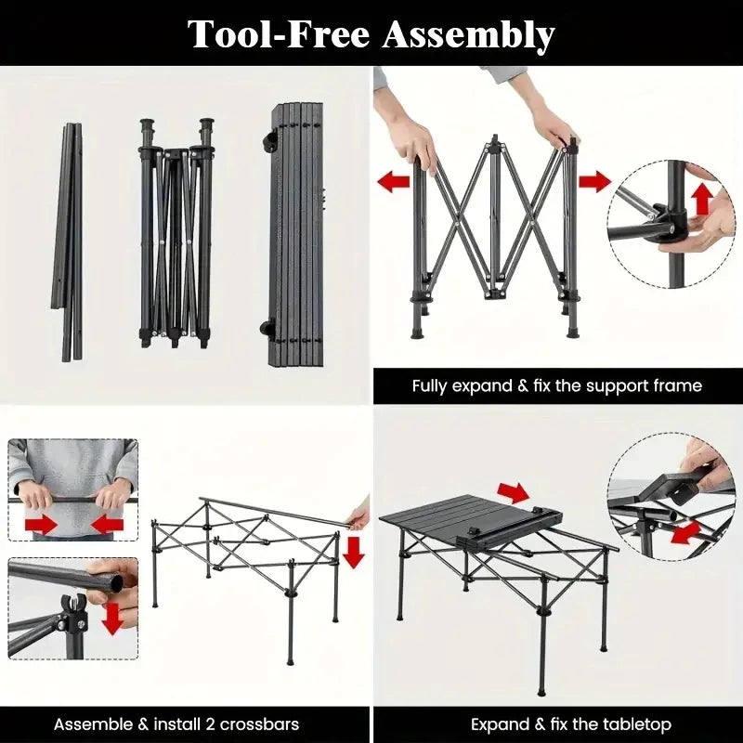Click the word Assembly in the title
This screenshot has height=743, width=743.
468,35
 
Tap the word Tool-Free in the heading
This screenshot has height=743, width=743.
279,34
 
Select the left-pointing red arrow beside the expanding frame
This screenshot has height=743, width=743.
393,182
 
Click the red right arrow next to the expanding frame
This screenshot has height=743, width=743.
594,181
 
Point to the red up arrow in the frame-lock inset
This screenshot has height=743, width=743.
703,199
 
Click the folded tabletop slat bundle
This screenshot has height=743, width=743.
295,235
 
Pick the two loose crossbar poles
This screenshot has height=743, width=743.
68,241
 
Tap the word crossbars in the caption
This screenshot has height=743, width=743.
259,724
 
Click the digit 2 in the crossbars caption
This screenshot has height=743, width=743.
210,724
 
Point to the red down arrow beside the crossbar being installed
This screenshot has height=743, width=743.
354,553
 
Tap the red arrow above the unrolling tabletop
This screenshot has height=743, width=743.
514,493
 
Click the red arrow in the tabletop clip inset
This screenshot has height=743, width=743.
686,532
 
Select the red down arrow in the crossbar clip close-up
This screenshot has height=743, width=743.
112,619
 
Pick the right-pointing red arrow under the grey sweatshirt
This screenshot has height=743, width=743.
41,525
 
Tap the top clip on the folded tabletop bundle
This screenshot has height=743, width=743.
270,138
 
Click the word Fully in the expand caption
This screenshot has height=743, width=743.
430,386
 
